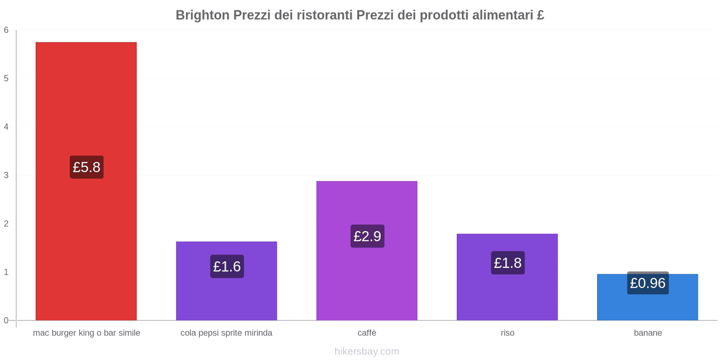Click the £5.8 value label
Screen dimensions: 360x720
coord(86,167)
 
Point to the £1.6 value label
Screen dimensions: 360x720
coord(227,266)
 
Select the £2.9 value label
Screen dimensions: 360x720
coord(367,236)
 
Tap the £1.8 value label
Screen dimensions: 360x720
coord(508,263)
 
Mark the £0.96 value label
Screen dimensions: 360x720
coord(648,283)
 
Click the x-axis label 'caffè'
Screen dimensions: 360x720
coord(367,333)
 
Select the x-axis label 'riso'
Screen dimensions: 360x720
coord(507,333)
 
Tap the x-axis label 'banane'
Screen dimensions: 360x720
coord(648,333)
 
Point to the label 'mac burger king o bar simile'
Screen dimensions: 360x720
coord(86,333)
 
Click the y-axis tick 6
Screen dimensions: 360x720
coord(6,30)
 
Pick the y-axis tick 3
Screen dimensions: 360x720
coord(6,175)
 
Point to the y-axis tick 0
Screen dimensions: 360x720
coord(6,320)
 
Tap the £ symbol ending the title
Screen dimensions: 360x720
coord(540,15)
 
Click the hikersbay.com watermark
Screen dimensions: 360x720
coord(367,351)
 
